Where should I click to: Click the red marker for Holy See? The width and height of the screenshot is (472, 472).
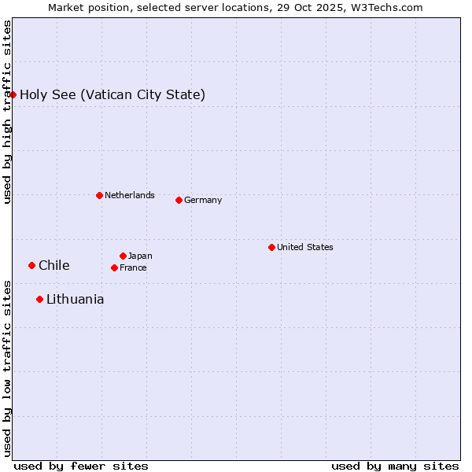13,94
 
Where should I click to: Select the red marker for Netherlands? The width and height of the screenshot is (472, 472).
99,195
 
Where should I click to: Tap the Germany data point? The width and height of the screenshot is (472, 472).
179,200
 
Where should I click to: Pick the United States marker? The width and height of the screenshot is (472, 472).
271,247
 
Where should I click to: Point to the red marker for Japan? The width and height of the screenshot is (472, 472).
123,256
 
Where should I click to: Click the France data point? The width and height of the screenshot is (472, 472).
114,267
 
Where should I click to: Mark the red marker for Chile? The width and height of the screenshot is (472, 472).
31,265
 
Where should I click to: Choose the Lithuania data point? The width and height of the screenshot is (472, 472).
39,299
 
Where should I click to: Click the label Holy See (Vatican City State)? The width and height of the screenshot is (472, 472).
112,95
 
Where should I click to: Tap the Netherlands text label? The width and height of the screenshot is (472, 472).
130,195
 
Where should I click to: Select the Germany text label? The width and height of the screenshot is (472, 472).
203,200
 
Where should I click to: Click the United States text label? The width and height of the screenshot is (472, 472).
305,247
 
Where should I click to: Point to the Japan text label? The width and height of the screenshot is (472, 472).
140,256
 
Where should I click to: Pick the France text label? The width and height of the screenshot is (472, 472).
133,267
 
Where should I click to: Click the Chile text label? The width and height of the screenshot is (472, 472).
54,266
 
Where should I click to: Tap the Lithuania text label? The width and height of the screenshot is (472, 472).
76,300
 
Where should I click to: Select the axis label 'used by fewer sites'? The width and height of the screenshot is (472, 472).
81,466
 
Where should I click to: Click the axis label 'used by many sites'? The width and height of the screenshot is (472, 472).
395,466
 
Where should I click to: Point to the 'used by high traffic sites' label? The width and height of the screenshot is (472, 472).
7,112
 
